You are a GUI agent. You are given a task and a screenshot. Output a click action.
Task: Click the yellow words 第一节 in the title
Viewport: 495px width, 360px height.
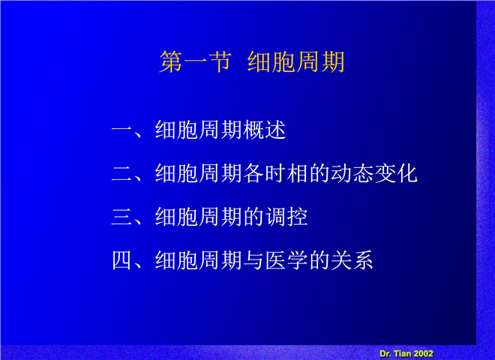[x=196, y=61]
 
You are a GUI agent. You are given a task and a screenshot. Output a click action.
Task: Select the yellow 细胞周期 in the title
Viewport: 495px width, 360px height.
[x=295, y=61]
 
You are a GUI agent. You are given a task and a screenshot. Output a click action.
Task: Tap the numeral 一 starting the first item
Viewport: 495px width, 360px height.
[x=121, y=130]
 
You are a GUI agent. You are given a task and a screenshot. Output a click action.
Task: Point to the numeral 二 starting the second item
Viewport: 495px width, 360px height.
[x=121, y=174]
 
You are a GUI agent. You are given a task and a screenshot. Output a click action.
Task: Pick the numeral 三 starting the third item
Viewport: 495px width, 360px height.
[x=121, y=217]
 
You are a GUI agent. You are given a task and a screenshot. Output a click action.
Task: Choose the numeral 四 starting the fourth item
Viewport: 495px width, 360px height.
[x=121, y=260]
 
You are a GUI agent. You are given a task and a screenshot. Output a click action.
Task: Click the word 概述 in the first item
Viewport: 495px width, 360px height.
[x=265, y=130]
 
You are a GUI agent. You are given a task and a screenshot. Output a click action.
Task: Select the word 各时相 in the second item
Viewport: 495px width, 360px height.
[x=275, y=173]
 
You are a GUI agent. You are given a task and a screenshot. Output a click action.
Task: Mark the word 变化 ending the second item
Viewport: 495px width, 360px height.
[x=396, y=173]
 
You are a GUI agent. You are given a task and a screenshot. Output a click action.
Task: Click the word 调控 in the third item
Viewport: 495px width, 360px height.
[x=286, y=217]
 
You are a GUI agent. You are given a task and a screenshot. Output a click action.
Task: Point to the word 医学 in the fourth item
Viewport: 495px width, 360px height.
[x=286, y=260]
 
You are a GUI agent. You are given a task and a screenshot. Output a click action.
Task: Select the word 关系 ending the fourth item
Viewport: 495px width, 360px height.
[x=352, y=260]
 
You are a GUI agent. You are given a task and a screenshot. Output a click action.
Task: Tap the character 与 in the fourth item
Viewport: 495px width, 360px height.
[x=253, y=260]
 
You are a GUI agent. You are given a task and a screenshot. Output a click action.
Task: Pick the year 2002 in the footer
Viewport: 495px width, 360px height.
[x=423, y=353]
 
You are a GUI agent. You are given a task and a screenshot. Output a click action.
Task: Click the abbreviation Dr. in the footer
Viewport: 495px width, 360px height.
[x=385, y=353]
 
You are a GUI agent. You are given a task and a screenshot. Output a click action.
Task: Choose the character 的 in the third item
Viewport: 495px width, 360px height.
[x=253, y=217]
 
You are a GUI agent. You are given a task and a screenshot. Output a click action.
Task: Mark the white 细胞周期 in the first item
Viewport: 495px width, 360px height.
[x=199, y=130]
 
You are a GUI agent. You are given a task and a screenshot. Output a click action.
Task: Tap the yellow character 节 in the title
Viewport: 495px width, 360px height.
[x=220, y=61]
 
